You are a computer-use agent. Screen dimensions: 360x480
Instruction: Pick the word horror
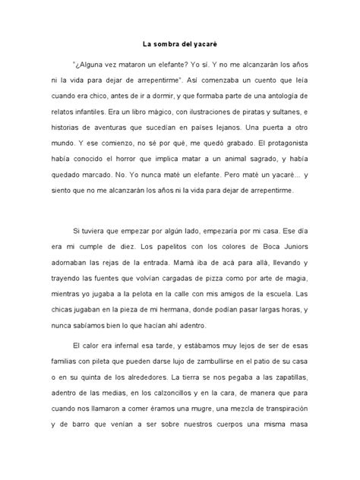point(164,172)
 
